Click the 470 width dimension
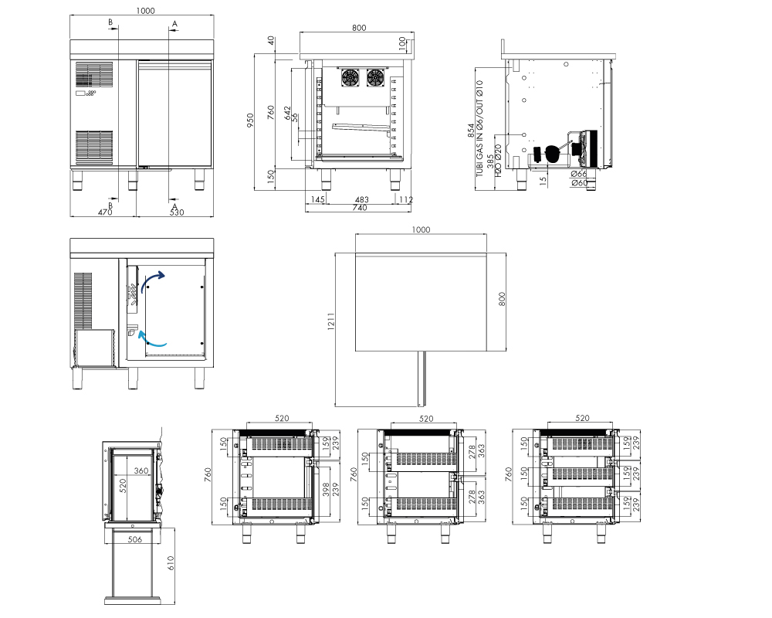click(105, 212)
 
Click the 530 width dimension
click(177, 212)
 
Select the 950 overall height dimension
click(250, 121)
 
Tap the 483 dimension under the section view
click(362, 199)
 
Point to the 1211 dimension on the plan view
click(331, 321)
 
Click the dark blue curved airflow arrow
click(153, 281)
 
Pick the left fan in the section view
click(350, 77)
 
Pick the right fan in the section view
click(375, 77)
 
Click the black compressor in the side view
click(553, 154)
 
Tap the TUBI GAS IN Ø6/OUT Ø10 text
click(479, 129)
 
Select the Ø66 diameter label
click(580, 174)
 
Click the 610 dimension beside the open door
click(171, 563)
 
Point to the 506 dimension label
click(135, 539)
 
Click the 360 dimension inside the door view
click(141, 470)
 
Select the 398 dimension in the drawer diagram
click(326, 489)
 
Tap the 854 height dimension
click(471, 130)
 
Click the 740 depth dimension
click(360, 208)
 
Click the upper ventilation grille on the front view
click(94, 74)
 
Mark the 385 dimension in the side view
click(490, 161)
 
